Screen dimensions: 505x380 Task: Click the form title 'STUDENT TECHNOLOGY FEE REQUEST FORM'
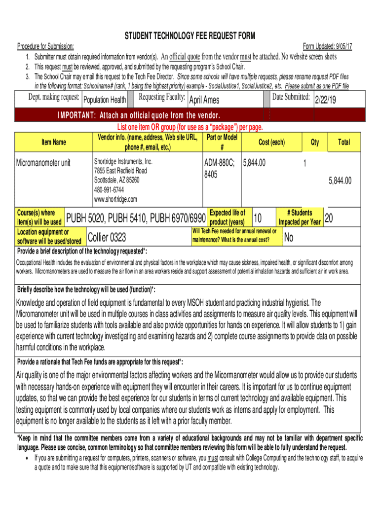(190, 36)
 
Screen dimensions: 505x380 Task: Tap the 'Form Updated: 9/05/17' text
(331, 46)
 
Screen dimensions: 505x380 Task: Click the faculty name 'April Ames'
(204, 100)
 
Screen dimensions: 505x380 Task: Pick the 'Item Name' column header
(54, 142)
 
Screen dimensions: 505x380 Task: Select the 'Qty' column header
(314, 142)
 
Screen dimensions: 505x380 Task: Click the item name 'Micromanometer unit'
(43, 162)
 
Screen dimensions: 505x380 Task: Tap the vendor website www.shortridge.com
(115, 199)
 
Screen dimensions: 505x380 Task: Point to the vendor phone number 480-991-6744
(109, 190)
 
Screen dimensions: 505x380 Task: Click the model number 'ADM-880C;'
(219, 162)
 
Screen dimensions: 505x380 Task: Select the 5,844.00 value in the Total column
(340, 180)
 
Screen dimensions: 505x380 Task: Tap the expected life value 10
(258, 217)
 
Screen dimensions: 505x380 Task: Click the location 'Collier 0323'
(106, 238)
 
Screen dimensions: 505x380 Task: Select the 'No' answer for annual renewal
(289, 238)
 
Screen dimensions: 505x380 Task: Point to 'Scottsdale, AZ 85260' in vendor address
(116, 180)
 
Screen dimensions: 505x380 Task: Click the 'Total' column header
(343, 142)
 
